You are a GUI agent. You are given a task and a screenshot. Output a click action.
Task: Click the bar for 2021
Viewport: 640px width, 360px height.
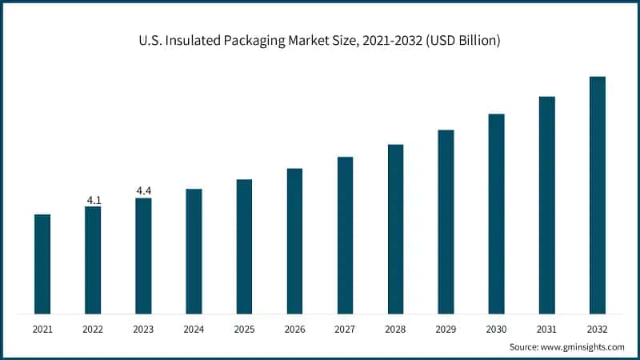click(x=42, y=263)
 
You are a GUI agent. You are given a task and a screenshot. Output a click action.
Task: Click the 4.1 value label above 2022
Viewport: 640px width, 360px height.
click(x=93, y=199)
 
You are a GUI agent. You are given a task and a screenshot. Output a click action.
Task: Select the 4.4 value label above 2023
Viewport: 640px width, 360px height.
click(x=143, y=190)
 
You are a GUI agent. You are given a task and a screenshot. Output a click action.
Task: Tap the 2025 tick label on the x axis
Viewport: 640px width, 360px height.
click(x=244, y=329)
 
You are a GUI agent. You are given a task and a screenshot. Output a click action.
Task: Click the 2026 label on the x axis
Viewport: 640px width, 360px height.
click(x=294, y=329)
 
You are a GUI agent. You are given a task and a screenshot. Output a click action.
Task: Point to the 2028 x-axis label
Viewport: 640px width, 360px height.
click(x=395, y=329)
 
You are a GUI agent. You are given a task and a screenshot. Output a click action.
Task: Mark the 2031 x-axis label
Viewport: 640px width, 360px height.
click(x=546, y=329)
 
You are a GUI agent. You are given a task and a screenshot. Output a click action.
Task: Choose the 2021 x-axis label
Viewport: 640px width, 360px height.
click(x=42, y=329)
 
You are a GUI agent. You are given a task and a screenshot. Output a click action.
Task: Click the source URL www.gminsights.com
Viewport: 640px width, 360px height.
click(x=584, y=346)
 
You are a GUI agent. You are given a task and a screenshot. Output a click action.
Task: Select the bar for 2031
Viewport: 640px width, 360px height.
click(x=546, y=204)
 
